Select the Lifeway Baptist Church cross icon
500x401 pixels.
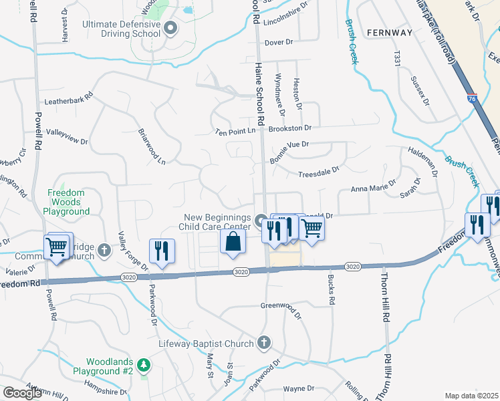coord(264,343)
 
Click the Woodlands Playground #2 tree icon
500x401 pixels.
coord(143,366)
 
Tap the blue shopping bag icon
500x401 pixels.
coord(232,242)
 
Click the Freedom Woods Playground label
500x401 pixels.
coord(68,202)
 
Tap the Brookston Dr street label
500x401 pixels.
coord(290,128)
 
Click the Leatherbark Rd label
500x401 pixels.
coord(68,102)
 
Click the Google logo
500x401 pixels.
coord(22,393)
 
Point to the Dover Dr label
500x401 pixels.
coord(279,43)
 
